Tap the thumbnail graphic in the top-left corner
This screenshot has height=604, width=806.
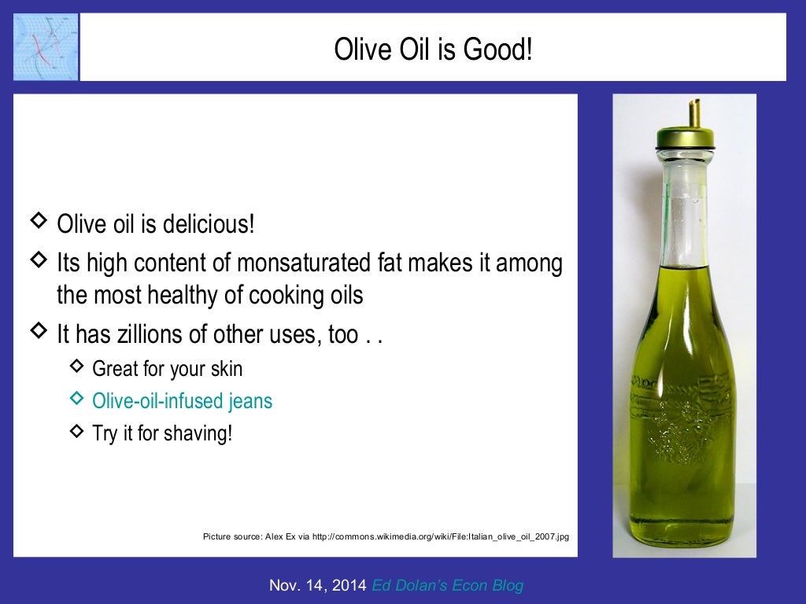[x=46, y=46]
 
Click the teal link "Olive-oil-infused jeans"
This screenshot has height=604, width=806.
[x=182, y=401]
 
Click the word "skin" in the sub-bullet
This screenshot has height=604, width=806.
[x=225, y=368]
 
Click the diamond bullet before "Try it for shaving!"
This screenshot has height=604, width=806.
[x=76, y=430]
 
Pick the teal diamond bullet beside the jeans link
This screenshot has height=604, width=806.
[x=76, y=399]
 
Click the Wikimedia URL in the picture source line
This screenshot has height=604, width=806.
[x=441, y=536]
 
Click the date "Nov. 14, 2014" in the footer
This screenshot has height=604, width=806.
[x=317, y=585]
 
